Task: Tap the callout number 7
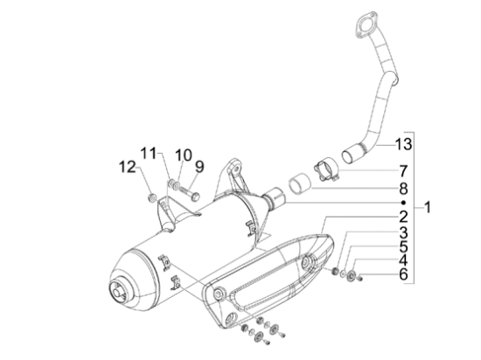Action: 404,170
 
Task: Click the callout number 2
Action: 404,216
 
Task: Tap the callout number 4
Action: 404,260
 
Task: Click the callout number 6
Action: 404,274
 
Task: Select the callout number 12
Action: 127,165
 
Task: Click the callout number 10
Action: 182,156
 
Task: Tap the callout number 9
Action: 199,165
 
